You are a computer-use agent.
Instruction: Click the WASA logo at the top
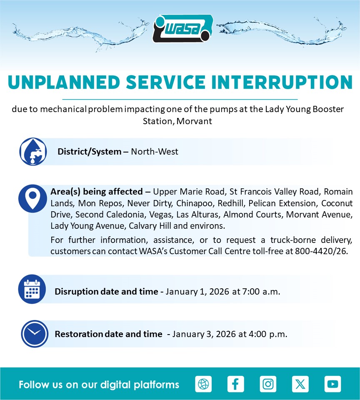[x=182, y=28]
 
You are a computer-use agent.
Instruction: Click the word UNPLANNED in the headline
[x=64, y=82]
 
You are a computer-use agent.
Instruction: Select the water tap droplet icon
[x=33, y=152]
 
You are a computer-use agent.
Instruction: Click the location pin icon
[x=32, y=198]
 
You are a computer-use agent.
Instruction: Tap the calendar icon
[x=32, y=289]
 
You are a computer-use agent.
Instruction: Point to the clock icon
[x=35, y=334]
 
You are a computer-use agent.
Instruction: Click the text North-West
[x=154, y=152]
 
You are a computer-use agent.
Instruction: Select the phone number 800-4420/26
[x=321, y=251]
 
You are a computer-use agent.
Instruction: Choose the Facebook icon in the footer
[x=235, y=384]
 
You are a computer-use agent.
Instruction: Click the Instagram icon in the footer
[x=268, y=384]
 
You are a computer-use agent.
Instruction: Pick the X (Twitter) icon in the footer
[x=300, y=384]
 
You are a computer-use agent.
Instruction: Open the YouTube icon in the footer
[x=332, y=384]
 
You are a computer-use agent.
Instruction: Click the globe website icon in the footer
[x=203, y=384]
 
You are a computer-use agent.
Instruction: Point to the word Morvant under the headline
[x=194, y=121]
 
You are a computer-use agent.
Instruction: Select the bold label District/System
[x=89, y=152]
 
